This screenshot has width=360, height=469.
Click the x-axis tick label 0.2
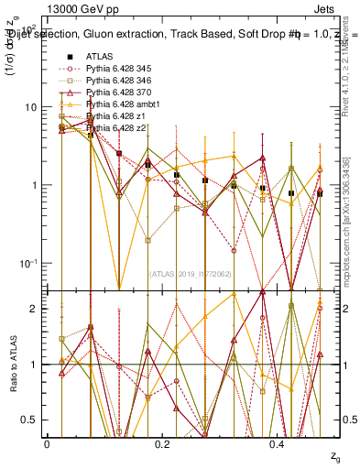162,442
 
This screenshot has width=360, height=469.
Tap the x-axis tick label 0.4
278,442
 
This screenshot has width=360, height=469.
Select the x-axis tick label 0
47,442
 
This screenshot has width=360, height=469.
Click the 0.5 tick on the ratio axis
32,420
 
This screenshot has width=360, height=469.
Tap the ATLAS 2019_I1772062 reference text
191,273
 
